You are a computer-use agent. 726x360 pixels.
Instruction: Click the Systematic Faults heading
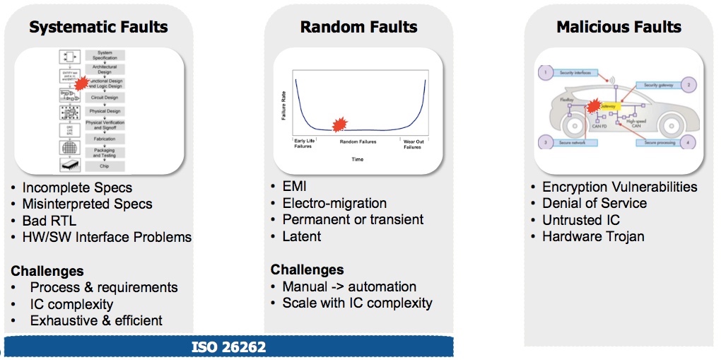pos(98,28)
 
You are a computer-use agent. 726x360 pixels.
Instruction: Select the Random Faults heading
pos(358,28)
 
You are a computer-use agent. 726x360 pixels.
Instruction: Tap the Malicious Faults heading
pos(619,28)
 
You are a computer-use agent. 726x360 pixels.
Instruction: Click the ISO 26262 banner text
pos(228,347)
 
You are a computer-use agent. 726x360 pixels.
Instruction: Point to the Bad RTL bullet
pos(49,221)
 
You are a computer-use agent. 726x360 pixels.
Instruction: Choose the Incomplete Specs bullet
pos(77,188)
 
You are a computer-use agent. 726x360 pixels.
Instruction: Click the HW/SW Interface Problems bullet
pos(107,237)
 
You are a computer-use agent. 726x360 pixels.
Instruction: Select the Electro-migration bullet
pos(334,203)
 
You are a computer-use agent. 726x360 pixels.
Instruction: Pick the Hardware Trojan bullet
pos(593,236)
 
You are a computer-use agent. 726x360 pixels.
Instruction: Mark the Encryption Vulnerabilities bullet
pos(619,187)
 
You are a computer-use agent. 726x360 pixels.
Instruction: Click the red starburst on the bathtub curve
pos(340,124)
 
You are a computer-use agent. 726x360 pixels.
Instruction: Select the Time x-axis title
pos(358,159)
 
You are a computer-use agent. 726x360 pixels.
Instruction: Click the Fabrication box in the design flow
pos(105,139)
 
